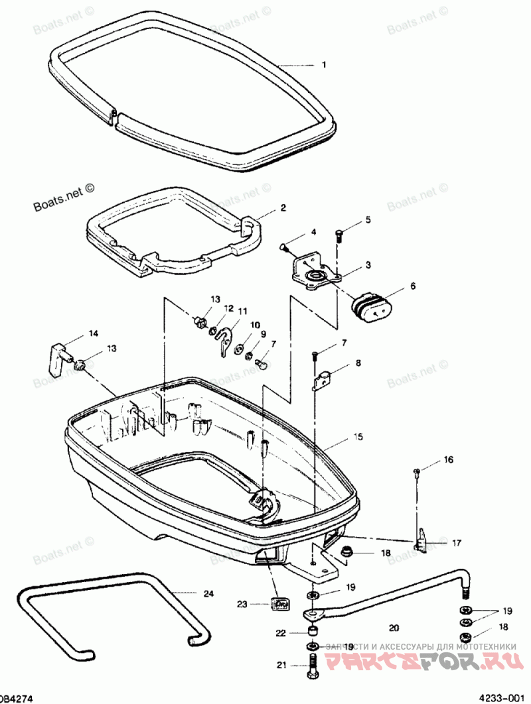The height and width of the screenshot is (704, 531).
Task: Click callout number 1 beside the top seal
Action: point(324,65)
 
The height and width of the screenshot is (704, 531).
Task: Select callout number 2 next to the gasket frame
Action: point(283,207)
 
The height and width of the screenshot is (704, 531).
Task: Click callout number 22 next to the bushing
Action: point(281,633)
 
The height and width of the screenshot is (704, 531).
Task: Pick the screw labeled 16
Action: point(417,471)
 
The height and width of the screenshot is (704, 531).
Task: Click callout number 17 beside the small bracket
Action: point(457,542)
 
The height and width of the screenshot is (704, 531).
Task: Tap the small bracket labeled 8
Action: point(322,380)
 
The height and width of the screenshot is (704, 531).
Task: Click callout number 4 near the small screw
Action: point(313,233)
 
